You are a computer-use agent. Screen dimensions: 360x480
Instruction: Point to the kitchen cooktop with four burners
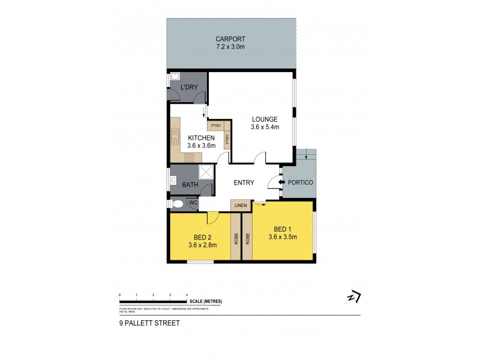[x=189, y=158]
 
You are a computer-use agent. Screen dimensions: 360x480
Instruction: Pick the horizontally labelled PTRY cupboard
[x=216, y=126]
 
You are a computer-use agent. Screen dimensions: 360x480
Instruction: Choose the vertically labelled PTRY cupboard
[x=227, y=140]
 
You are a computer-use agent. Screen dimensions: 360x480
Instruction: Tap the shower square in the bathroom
[x=206, y=172]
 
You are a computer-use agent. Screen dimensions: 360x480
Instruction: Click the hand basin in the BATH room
[x=173, y=181]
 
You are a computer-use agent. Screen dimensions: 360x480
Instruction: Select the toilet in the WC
[x=177, y=204]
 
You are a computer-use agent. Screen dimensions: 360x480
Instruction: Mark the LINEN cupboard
[x=241, y=206]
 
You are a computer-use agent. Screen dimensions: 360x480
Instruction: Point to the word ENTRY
[x=243, y=183]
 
